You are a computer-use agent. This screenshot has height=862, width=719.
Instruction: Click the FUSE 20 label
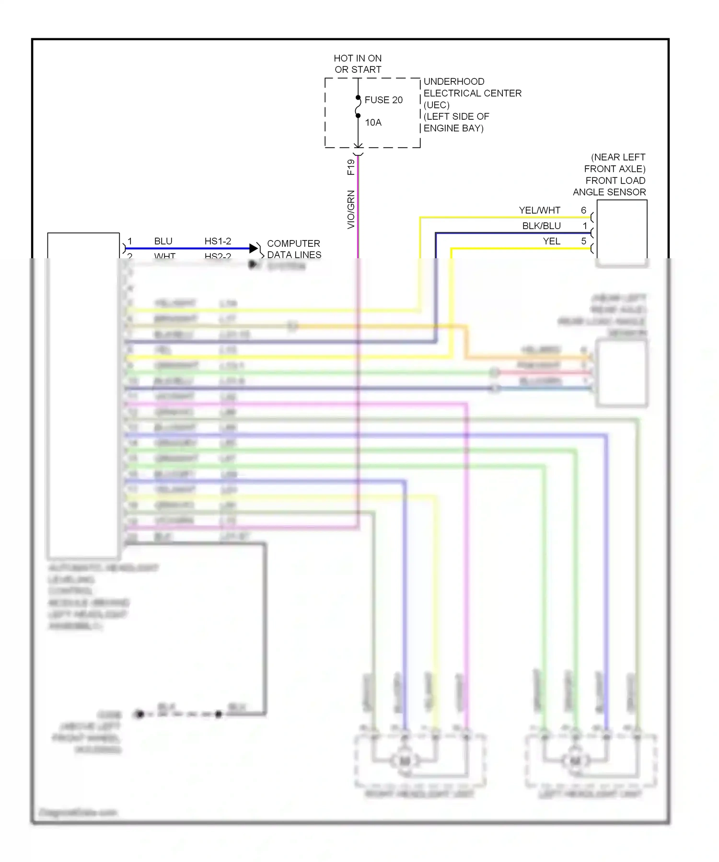[383, 100]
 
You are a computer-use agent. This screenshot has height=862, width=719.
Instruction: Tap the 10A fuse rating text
[373, 123]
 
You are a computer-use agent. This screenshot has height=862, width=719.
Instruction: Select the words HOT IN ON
[358, 58]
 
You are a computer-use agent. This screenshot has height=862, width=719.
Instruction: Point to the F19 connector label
[351, 167]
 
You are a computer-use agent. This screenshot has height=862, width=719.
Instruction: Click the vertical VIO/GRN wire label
[351, 209]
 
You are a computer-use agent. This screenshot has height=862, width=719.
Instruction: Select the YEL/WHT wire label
[539, 210]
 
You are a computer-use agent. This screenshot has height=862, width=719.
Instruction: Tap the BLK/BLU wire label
[541, 226]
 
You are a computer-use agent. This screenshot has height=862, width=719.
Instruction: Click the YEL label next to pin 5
[551, 241]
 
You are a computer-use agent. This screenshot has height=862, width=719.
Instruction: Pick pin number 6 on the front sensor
[583, 210]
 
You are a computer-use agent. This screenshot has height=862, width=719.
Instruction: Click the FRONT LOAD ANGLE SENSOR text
[610, 186]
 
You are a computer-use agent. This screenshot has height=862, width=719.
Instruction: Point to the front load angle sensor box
[622, 230]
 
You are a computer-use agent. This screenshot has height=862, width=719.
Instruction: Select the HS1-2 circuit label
[218, 241]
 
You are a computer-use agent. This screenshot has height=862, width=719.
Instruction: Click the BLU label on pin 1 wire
[163, 241]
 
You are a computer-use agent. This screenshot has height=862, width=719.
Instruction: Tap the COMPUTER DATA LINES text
[294, 249]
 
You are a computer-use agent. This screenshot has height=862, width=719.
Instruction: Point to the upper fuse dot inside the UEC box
[358, 98]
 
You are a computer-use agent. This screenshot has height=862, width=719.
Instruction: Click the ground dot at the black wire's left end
[139, 714]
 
